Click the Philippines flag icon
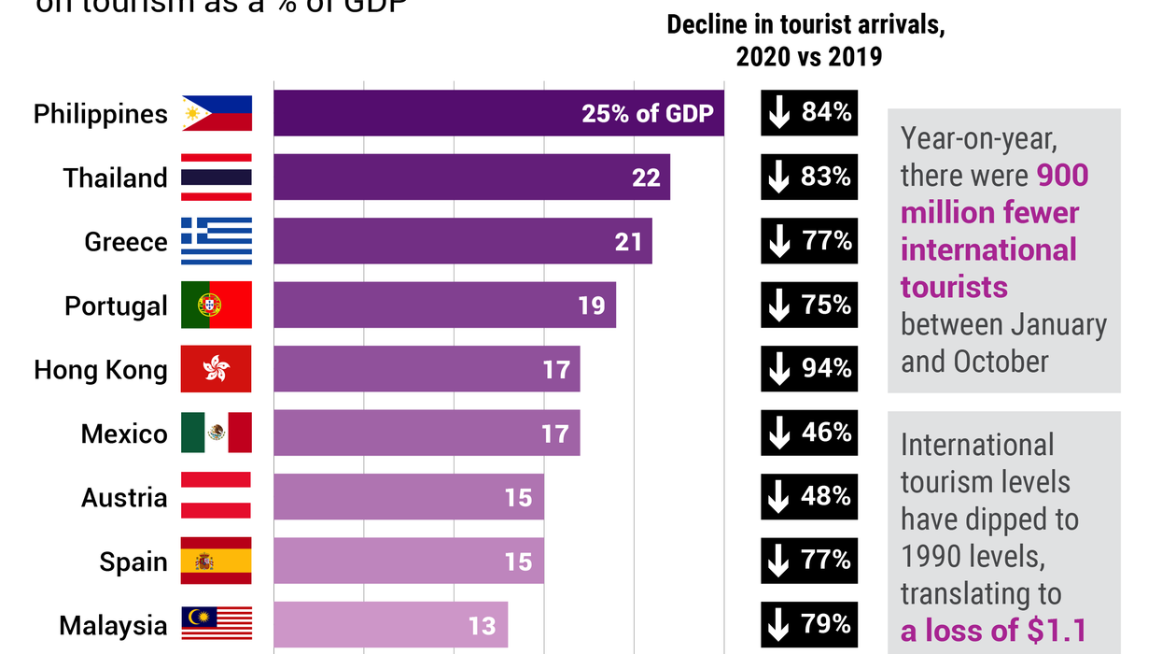coord(217,113)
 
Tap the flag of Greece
coord(217,241)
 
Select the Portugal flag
coord(217,305)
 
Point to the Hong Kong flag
coord(217,369)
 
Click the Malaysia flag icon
coord(217,624)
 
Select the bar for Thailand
coord(471,178)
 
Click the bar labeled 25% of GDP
coord(498,113)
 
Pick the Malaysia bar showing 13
coord(390,624)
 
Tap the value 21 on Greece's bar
coord(628,242)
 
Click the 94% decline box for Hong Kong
coord(808,369)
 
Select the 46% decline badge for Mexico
coord(808,433)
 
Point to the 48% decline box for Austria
coord(808,496)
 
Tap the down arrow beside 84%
coord(778,113)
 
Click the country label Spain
coord(133,562)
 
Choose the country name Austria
coord(124,497)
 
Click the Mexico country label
coord(124,434)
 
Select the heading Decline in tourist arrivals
coord(806,26)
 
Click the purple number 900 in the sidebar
coord(1062,176)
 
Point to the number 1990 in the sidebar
coord(935,557)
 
